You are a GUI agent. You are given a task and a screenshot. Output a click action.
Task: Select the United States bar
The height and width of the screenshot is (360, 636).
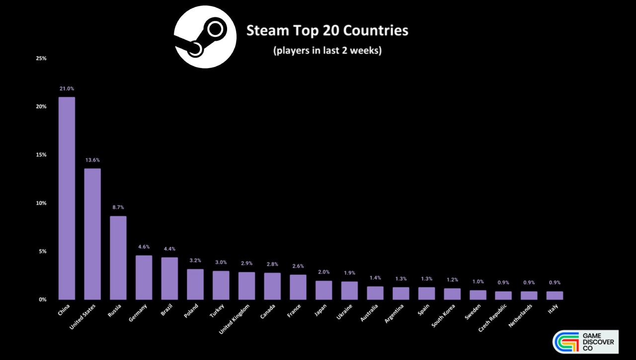tap(92, 234)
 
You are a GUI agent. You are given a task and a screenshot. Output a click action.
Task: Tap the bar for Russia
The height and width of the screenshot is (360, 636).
tap(118, 258)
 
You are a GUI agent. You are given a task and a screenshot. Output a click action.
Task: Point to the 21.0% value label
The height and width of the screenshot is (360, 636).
tap(67, 89)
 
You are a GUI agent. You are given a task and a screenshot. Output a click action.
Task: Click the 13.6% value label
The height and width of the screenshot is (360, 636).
tap(92, 160)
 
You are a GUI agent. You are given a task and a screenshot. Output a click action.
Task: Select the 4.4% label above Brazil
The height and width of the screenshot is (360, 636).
tap(169, 249)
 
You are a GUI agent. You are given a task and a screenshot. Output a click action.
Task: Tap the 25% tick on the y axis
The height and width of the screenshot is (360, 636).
tap(41, 58)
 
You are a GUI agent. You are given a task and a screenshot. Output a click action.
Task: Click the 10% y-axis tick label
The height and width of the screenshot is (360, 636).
tap(41, 203)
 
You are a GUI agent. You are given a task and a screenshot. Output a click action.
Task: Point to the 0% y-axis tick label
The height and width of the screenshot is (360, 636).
tap(43, 299)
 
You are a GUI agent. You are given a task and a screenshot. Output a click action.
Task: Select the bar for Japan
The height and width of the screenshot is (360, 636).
tap(324, 290)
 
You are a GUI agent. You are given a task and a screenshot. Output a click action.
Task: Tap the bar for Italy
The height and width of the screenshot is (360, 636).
tap(555, 295)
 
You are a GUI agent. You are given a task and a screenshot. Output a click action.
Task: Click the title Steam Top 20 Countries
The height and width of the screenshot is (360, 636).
tap(327, 31)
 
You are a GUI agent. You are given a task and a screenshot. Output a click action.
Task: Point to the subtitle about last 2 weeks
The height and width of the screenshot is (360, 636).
tap(327, 51)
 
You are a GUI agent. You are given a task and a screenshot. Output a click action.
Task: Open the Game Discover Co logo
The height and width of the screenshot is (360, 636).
tap(585, 342)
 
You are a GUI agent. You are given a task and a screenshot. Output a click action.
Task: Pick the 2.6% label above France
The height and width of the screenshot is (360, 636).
tap(298, 266)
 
